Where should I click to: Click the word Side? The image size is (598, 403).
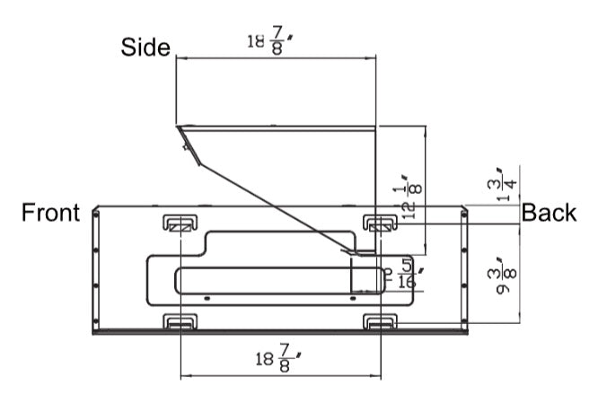(x=145, y=48)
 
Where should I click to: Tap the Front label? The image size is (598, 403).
(x=50, y=213)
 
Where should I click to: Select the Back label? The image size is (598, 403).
(x=549, y=213)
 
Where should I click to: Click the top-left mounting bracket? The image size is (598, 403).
(x=180, y=223)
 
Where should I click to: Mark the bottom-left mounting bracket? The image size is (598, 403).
(x=180, y=321)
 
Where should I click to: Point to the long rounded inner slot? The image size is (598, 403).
(x=269, y=280)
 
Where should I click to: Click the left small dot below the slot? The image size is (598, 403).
(x=207, y=297)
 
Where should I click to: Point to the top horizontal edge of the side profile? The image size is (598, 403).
(x=278, y=127)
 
